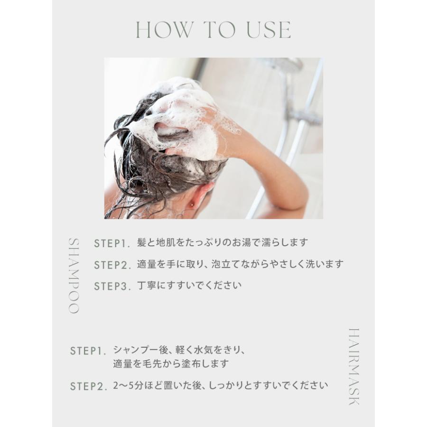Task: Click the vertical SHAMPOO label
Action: [x=74, y=275]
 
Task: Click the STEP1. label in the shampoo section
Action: [x=112, y=244]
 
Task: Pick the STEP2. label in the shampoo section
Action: [x=112, y=265]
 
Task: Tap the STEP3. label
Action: [x=112, y=287]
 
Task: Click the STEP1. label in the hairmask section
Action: [x=88, y=351]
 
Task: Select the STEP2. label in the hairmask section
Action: [x=88, y=386]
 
